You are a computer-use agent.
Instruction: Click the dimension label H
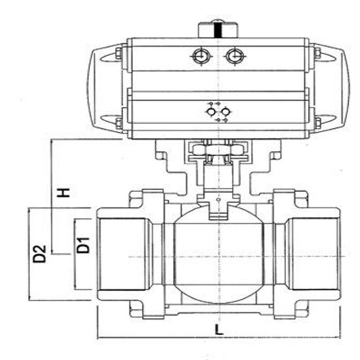[63, 193]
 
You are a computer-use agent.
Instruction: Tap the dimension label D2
[39, 254]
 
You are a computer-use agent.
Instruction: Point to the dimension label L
[219, 330]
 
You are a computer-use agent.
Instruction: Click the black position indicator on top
[217, 30]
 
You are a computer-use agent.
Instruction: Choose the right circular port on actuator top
[234, 56]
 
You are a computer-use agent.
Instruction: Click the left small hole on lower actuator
[211, 112]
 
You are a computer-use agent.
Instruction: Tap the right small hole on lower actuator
[225, 112]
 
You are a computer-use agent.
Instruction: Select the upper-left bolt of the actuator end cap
[118, 53]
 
